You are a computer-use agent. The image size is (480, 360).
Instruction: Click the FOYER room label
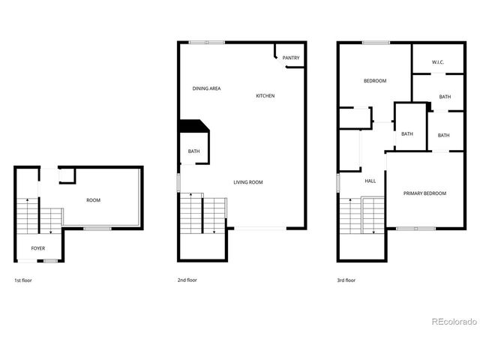(x=37, y=247)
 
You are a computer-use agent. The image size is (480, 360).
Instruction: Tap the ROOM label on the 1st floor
(x=93, y=200)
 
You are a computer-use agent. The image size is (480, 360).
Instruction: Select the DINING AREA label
(x=206, y=89)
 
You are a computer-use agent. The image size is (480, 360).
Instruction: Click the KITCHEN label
(x=265, y=96)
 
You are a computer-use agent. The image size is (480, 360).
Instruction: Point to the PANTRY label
(x=291, y=58)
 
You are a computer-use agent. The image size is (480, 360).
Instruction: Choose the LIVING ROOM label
(x=247, y=182)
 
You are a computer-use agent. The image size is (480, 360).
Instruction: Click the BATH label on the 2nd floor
(x=193, y=151)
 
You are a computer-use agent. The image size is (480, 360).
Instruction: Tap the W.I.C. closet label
(x=438, y=62)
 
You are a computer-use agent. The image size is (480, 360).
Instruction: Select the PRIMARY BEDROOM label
(x=424, y=193)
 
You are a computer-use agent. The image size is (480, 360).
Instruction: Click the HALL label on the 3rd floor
(x=370, y=181)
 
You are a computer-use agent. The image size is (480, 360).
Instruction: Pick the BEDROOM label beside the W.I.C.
(x=375, y=81)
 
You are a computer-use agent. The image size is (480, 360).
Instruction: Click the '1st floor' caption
(x=23, y=280)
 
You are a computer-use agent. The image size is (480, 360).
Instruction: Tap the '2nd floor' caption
(x=187, y=280)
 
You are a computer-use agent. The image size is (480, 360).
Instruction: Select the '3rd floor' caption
(x=346, y=280)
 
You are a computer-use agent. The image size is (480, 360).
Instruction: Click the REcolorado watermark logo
(x=454, y=322)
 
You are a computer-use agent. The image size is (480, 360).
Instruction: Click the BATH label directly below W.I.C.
(x=445, y=97)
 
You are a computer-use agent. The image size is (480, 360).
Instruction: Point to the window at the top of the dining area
(x=206, y=42)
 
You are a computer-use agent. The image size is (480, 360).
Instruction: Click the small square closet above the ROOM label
(x=67, y=175)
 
